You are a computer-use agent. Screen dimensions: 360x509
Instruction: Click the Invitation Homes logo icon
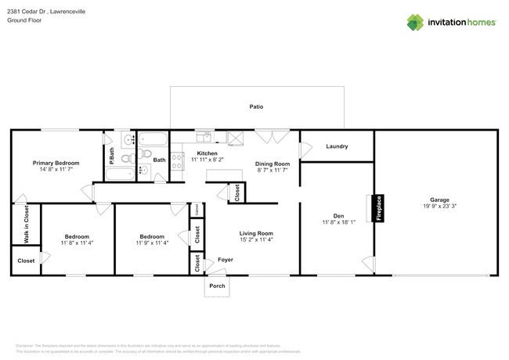tap(415, 22)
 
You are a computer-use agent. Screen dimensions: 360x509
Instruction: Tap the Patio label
tap(256, 106)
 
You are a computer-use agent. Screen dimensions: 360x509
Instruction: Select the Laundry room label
tap(337, 146)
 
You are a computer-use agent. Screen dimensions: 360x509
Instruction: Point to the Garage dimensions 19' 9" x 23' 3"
tap(437, 206)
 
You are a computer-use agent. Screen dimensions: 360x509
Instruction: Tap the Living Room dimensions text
tap(255, 241)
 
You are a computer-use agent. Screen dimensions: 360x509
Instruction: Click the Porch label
tap(217, 286)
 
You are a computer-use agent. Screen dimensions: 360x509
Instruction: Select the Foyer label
tap(226, 259)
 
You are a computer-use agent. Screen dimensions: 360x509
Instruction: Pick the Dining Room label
tap(273, 164)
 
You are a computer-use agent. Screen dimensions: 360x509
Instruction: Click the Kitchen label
tap(207, 153)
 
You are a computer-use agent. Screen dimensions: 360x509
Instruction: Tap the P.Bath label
tap(112, 155)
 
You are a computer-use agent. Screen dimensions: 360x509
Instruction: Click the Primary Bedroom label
tap(53, 163)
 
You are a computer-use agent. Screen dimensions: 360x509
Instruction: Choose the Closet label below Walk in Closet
tap(26, 261)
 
